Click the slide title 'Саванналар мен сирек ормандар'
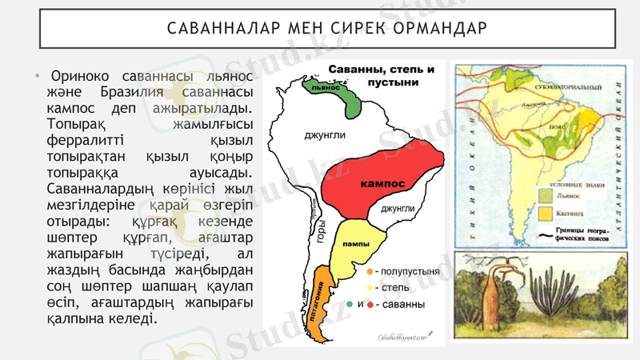[x=326, y=30]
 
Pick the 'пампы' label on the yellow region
[x=354, y=242]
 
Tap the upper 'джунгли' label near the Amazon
[x=325, y=134]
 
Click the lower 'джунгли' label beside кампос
[x=397, y=209]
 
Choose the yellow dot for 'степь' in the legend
[x=370, y=288]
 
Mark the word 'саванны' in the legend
[x=405, y=305]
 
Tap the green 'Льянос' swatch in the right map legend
[x=545, y=195]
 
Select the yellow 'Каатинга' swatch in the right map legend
[x=545, y=214]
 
